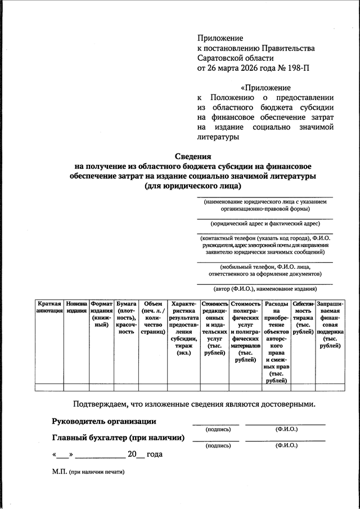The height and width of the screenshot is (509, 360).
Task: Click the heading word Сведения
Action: point(191,156)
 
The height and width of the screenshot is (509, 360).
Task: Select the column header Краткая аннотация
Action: point(49,307)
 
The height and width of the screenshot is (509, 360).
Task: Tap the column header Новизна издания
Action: point(76,307)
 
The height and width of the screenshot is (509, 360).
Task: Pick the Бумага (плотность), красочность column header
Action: point(127,318)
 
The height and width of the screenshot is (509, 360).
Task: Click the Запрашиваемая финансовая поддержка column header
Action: point(330,325)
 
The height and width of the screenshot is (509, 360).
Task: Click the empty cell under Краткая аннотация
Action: point(49,386)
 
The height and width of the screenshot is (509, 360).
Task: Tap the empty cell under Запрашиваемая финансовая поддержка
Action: point(330,386)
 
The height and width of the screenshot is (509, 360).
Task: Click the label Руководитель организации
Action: point(104,421)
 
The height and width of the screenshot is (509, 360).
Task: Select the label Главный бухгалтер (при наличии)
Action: point(119,438)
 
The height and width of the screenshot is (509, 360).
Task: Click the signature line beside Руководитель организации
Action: point(215,424)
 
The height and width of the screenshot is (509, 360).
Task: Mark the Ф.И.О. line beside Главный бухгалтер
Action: point(285,440)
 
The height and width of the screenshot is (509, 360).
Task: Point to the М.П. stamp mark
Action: point(60,472)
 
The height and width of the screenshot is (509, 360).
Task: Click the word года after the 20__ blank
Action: point(154,454)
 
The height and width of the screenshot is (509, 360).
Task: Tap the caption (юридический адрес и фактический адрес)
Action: point(264,223)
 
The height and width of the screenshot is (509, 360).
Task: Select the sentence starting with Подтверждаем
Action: point(194,404)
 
